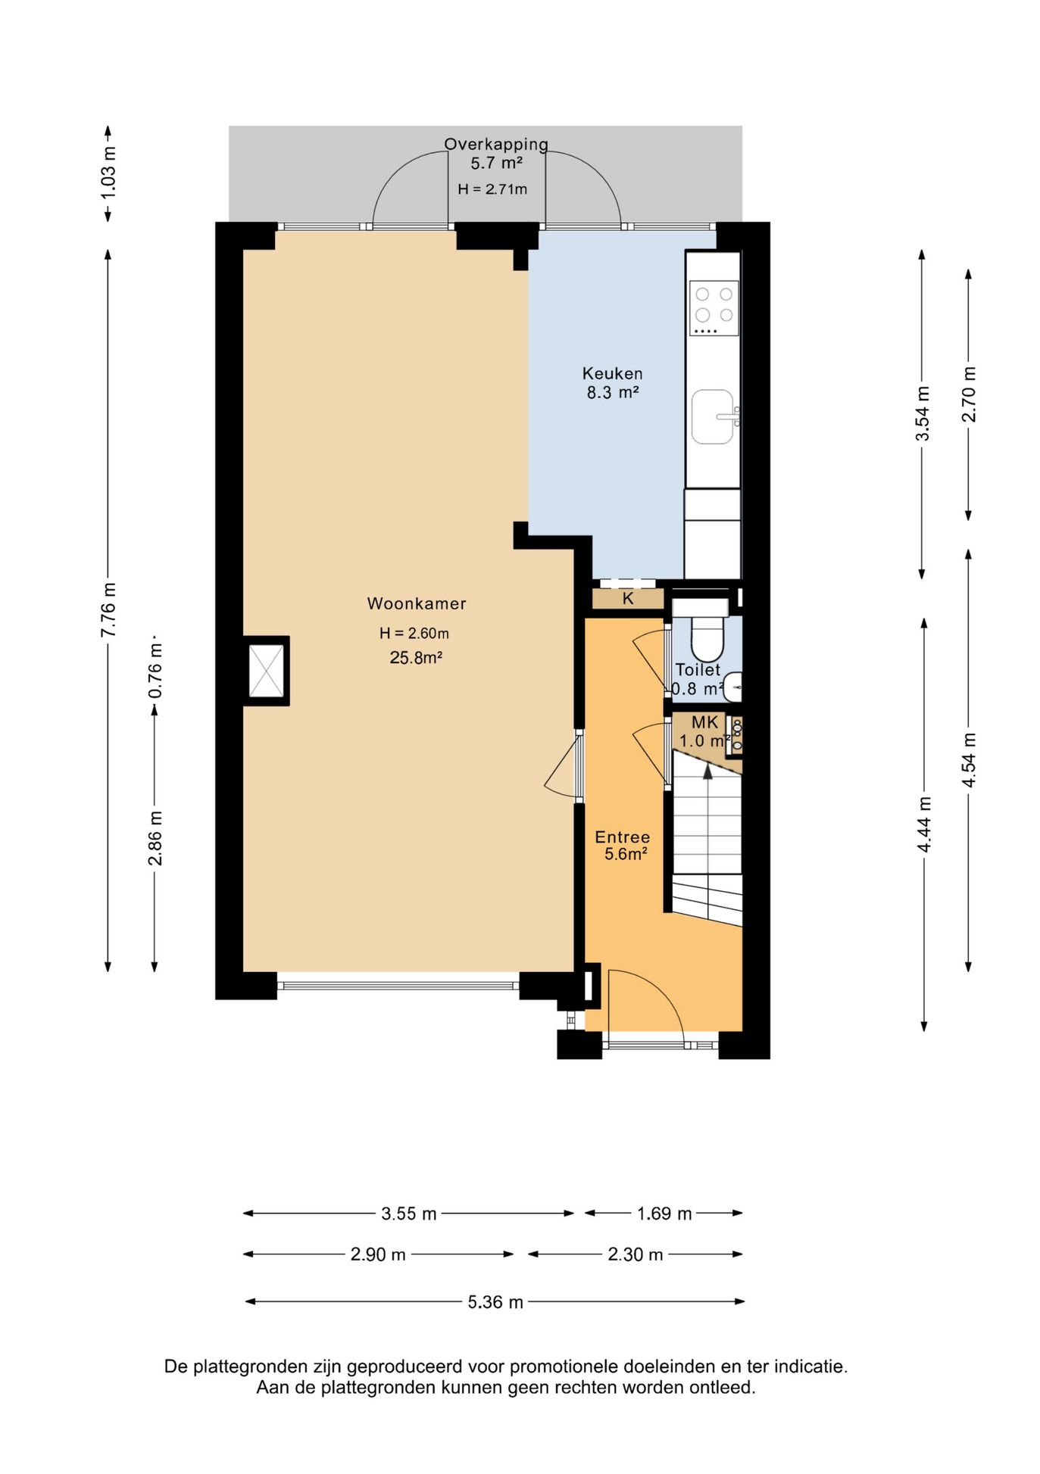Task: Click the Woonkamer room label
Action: pyautogui.click(x=417, y=603)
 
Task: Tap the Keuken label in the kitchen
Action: pyautogui.click(x=612, y=373)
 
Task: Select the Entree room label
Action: pyautogui.click(x=622, y=837)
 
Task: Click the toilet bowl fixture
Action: pyautogui.click(x=708, y=638)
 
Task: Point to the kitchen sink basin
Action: pyautogui.click(x=712, y=416)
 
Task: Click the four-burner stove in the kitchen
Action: pyautogui.click(x=714, y=307)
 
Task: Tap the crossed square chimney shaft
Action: pyautogui.click(x=267, y=671)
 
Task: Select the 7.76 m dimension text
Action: pyautogui.click(x=108, y=609)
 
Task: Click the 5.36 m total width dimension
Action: pyautogui.click(x=495, y=1301)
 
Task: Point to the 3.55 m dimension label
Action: pyautogui.click(x=409, y=1214)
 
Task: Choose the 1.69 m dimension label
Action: pyautogui.click(x=664, y=1214)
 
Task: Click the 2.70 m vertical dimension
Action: pyautogui.click(x=968, y=394)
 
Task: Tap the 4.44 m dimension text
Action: pyautogui.click(x=924, y=824)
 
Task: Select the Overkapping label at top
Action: pyautogui.click(x=496, y=144)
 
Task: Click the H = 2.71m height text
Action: pyautogui.click(x=492, y=189)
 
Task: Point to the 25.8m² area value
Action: pyautogui.click(x=416, y=657)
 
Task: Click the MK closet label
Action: pyautogui.click(x=704, y=722)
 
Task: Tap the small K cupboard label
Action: pyautogui.click(x=628, y=599)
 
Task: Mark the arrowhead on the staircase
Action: pyautogui.click(x=707, y=771)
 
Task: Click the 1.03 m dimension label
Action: pyautogui.click(x=108, y=173)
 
